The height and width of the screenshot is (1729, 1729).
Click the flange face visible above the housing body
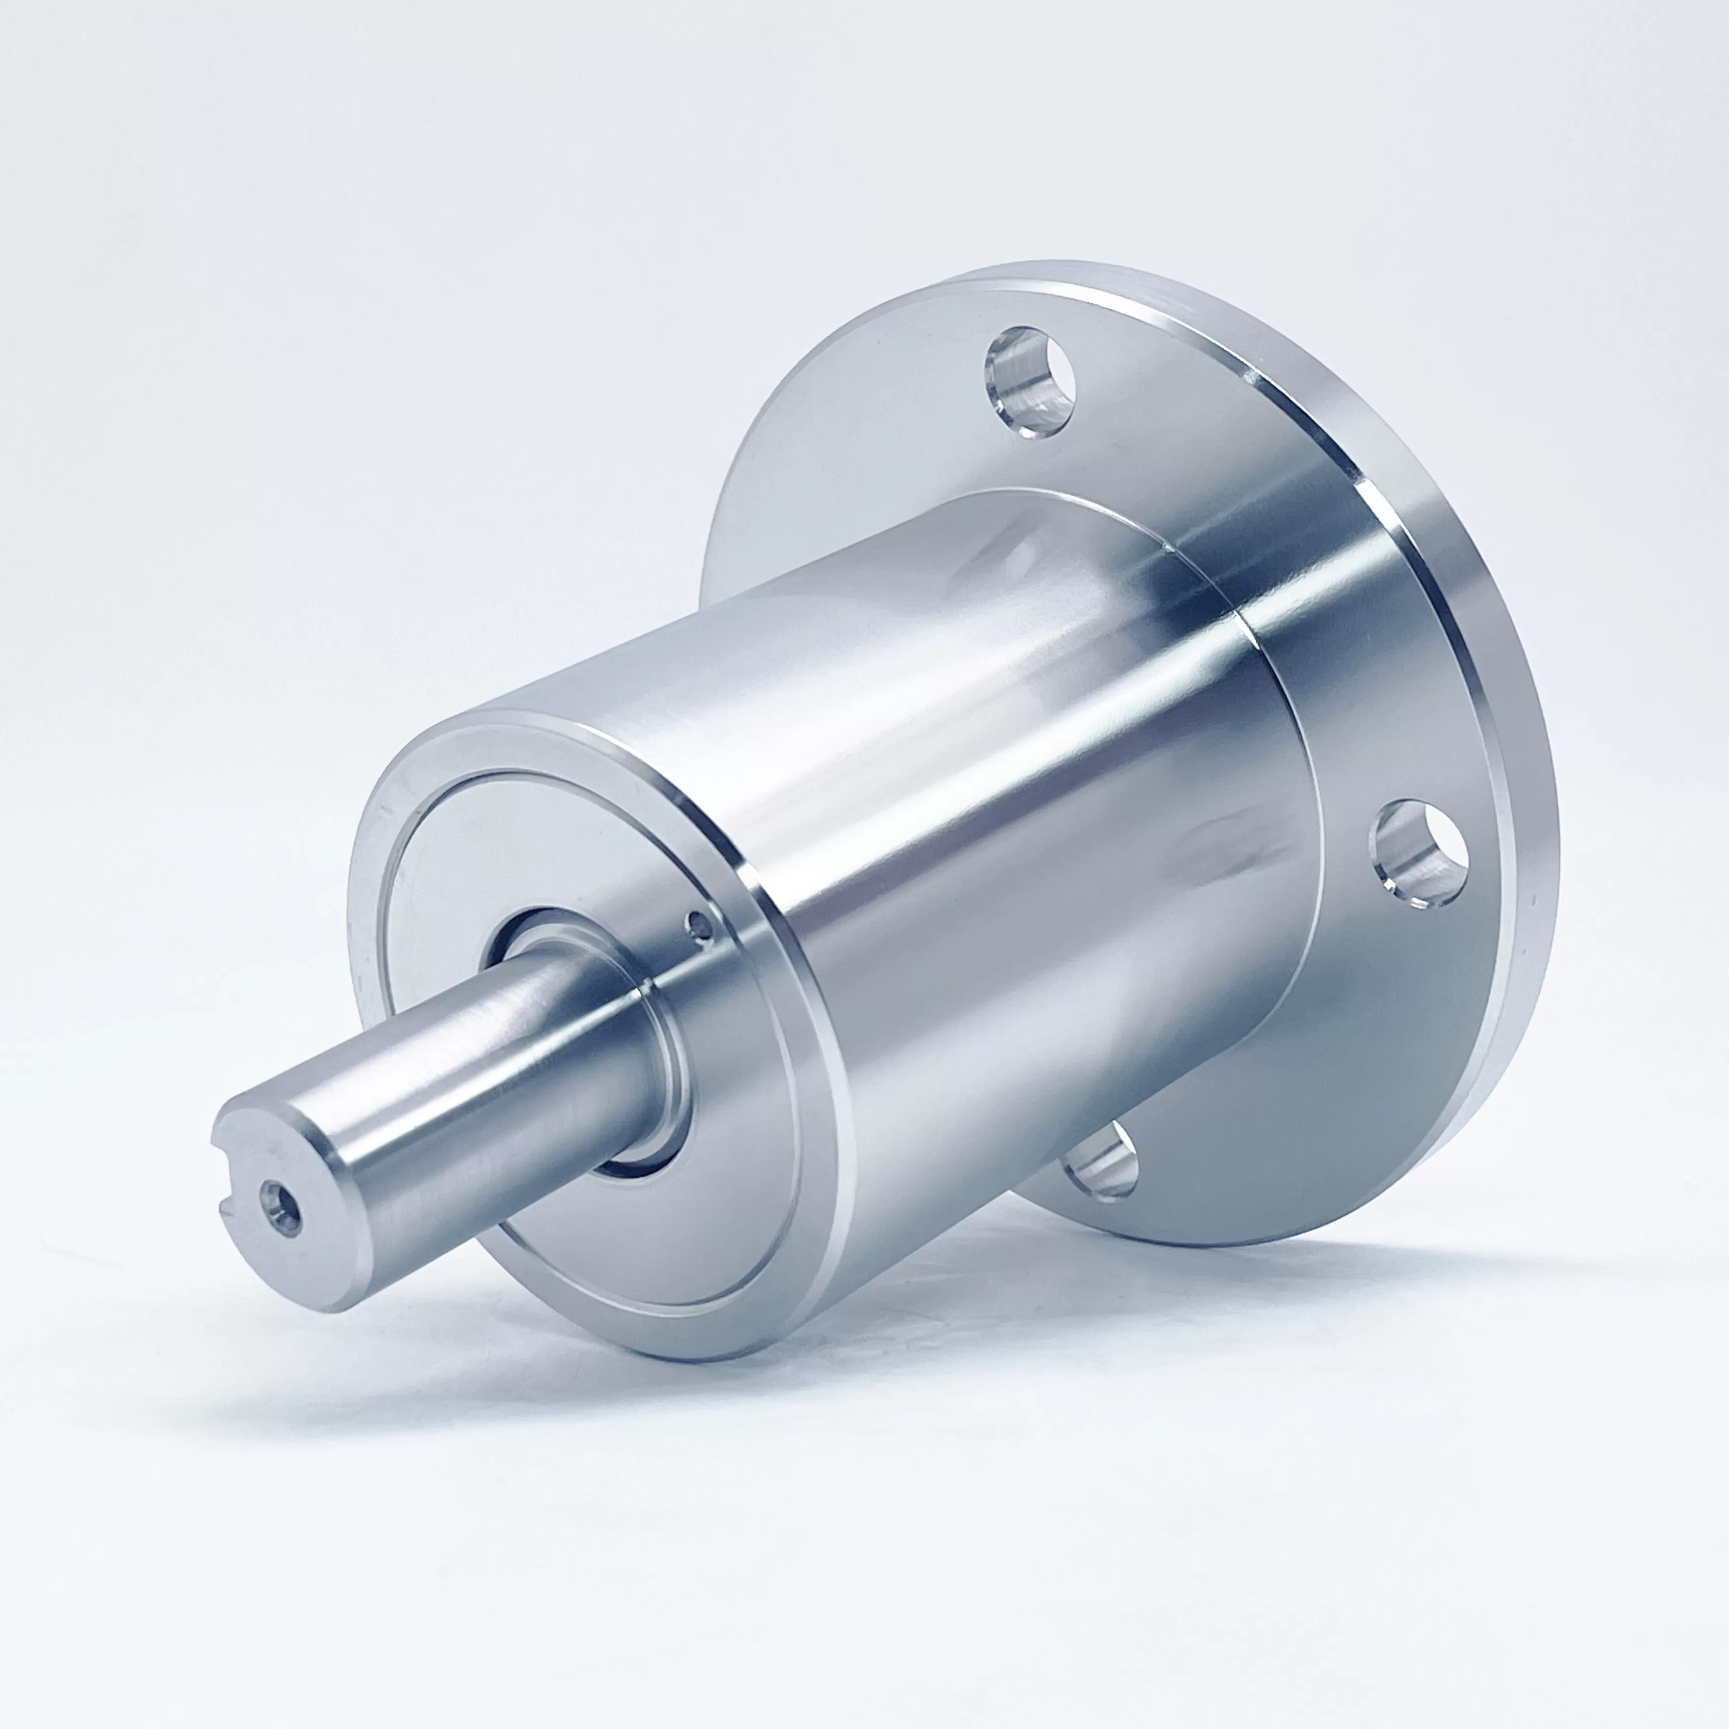850,430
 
